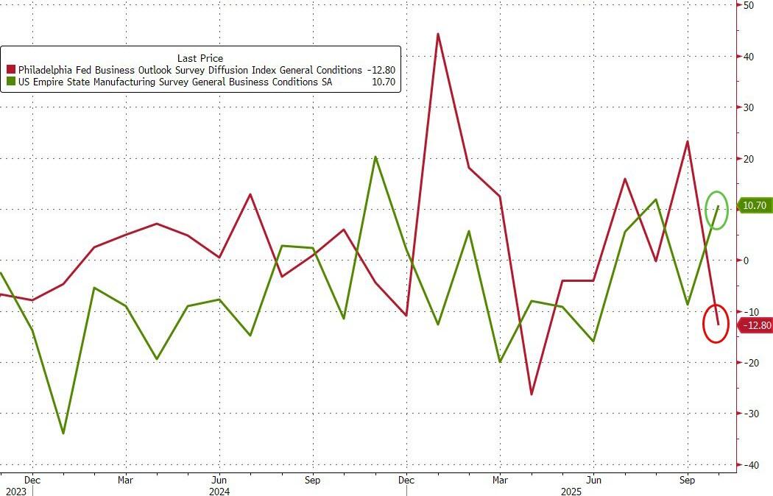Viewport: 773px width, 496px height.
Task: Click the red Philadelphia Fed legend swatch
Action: (x=10, y=70)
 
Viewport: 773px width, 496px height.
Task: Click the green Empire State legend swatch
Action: (x=10, y=82)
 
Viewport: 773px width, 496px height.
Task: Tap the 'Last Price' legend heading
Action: (x=200, y=58)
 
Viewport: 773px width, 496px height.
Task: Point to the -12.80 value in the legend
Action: (x=381, y=70)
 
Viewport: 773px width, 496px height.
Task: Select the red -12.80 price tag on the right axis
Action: (x=755, y=325)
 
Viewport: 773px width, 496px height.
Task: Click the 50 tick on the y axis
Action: (x=748, y=5)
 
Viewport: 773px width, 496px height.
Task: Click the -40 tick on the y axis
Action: (x=749, y=464)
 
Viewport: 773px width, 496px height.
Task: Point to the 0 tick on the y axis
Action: (x=746, y=261)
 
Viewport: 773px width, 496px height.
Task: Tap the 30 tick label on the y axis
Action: (x=748, y=107)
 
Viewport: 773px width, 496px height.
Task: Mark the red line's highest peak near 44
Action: (x=438, y=34)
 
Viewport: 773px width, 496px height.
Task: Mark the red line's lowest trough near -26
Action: (x=531, y=394)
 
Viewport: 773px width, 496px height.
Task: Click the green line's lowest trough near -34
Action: (x=63, y=433)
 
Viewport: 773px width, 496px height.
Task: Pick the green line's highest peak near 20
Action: (x=375, y=157)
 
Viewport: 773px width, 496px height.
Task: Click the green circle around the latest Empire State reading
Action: (x=717, y=210)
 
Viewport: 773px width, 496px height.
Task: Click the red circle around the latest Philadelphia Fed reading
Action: (x=716, y=323)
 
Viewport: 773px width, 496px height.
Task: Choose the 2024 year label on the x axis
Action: (x=219, y=491)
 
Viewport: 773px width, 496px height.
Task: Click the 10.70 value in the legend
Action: (x=384, y=82)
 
